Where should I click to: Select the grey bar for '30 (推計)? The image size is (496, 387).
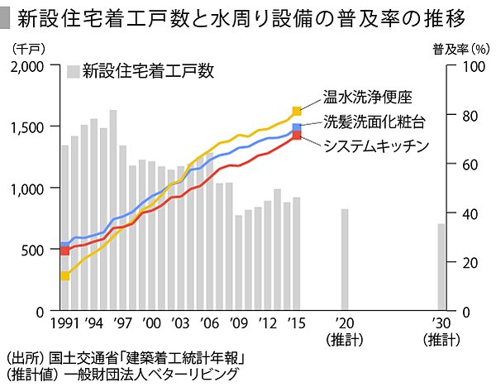tap(441, 267)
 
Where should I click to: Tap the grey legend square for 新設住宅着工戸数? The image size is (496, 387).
tap(74, 71)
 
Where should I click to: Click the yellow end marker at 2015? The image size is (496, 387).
tap(297, 111)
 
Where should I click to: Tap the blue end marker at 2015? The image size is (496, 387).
tap(297, 127)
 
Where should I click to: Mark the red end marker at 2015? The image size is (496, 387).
tap(297, 136)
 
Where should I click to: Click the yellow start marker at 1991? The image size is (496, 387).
tap(64, 276)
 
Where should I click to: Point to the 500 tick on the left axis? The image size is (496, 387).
tap(41, 250)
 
